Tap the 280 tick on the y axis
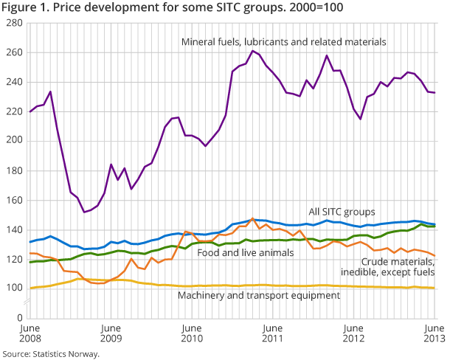(13, 23)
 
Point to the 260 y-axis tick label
(13, 52)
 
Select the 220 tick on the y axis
(13, 111)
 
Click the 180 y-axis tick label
(13, 170)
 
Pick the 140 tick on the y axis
(13, 229)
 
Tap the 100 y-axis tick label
(13, 288)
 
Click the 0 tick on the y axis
(17, 318)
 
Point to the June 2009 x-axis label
(110, 333)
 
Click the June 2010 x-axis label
(192, 333)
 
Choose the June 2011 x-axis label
(273, 333)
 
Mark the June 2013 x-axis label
(433, 333)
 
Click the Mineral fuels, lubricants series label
(283, 41)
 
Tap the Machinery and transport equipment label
(259, 295)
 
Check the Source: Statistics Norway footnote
(50, 353)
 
